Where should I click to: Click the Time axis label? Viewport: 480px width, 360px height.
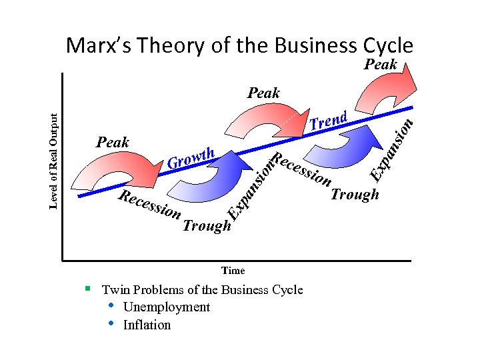233,271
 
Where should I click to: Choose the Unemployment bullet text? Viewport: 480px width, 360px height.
167,307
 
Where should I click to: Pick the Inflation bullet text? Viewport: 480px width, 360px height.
147,325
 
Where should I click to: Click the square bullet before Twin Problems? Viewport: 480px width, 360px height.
87,289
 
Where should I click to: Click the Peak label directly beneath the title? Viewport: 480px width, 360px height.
381,65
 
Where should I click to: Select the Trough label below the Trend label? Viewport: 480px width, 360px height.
355,195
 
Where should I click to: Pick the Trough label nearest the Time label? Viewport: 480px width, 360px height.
207,226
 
